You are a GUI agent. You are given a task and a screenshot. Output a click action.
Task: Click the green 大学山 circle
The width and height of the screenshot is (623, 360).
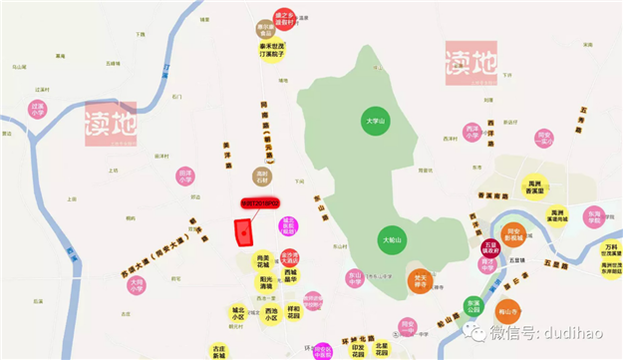tap(375, 122)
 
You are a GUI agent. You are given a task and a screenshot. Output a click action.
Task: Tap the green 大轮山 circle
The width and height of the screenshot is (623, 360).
tap(392, 240)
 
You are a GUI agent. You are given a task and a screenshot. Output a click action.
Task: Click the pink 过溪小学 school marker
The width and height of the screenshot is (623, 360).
tap(38, 108)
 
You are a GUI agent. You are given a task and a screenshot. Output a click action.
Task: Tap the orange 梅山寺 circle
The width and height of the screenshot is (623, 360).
tap(509, 312)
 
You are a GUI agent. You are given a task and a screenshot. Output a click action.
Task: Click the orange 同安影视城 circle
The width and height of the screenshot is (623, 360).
tap(512, 234)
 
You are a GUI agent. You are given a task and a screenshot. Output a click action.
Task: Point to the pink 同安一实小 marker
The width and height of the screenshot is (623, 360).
tap(543, 138)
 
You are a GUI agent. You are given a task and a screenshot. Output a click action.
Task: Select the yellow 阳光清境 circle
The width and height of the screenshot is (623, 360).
tap(265, 282)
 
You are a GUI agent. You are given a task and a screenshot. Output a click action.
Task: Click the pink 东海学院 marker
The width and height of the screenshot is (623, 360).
tap(595, 216)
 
